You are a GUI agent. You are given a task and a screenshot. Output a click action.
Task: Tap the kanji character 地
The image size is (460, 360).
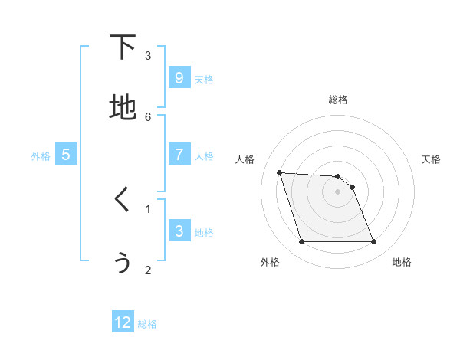click(x=123, y=107)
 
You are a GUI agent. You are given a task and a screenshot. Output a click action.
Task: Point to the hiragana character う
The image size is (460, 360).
click(x=123, y=261)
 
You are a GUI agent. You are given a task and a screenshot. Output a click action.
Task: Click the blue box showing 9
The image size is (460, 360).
click(x=179, y=77)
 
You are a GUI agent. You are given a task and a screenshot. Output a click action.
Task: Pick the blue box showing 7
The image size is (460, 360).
click(x=179, y=154)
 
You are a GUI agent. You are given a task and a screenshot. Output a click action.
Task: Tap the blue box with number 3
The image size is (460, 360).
click(x=179, y=231)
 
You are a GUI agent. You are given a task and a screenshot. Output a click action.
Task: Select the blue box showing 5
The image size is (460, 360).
click(x=66, y=154)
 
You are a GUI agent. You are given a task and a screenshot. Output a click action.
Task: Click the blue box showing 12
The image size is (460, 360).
click(x=123, y=322)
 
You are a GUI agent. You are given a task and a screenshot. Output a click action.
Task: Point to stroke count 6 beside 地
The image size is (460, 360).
click(x=148, y=116)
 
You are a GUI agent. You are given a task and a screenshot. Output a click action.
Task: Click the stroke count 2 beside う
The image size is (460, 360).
click(x=148, y=269)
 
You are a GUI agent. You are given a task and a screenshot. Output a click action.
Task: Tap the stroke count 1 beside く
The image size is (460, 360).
click(x=148, y=208)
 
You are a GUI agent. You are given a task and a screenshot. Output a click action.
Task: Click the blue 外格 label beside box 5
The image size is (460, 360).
click(x=41, y=156)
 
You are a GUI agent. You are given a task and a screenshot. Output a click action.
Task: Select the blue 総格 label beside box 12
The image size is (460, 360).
click(x=147, y=324)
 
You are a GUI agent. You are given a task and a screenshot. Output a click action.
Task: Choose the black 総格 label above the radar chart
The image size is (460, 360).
click(x=338, y=100)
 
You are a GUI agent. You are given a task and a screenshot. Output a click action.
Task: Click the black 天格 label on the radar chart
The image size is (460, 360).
click(x=431, y=159)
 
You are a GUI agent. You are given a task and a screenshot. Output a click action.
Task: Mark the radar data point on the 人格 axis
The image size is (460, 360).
click(x=279, y=172)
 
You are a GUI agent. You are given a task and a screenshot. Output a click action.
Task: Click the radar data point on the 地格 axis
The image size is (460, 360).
click(x=373, y=242)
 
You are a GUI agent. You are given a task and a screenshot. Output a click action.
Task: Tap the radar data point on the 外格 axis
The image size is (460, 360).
click(x=301, y=242)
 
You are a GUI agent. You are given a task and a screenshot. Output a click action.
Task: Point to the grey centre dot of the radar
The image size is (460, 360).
click(x=337, y=192)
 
